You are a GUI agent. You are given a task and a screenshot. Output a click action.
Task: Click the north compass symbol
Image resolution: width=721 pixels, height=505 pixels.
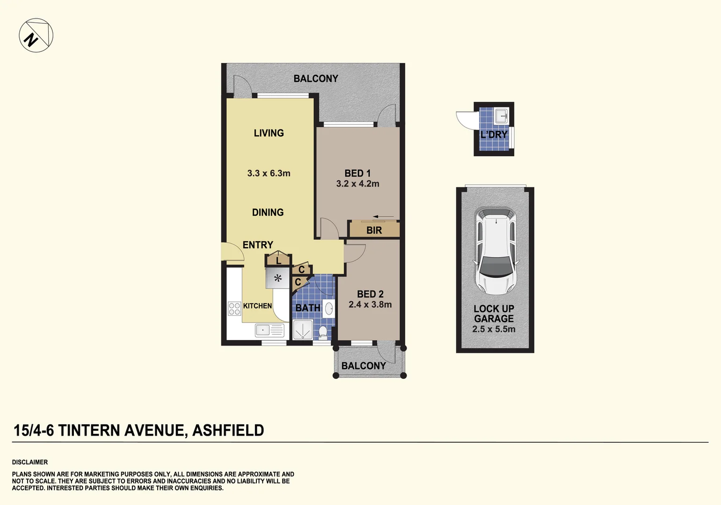click(36, 36)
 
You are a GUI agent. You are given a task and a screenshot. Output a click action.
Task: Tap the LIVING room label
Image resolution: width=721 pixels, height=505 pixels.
click(269, 133)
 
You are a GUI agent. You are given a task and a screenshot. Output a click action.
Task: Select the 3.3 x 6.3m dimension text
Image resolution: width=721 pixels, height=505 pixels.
click(269, 173)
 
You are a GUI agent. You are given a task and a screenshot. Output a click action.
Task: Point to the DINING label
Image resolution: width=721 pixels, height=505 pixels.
click(268, 213)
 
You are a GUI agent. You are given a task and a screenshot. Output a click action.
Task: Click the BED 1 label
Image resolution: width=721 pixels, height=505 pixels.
click(357, 173)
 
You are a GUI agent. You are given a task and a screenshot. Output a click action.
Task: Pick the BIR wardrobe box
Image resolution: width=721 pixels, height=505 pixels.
click(374, 230)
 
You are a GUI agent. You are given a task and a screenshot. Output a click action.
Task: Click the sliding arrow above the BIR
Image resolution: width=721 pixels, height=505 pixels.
click(383, 216)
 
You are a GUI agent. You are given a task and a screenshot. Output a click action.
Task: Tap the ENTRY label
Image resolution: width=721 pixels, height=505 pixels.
click(257, 245)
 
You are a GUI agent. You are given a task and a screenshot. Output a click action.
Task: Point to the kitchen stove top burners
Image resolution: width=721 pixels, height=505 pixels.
click(234, 309)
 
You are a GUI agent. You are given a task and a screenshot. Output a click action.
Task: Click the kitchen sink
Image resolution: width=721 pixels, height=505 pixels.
click(269, 331)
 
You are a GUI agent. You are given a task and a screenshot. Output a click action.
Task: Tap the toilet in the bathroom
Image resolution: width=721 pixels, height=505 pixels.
click(323, 332)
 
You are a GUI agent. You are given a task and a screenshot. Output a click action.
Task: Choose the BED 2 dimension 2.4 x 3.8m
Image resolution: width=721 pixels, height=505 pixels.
click(370, 305)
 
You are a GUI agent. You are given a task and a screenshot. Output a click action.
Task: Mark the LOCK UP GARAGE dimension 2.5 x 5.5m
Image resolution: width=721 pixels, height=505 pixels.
click(494, 329)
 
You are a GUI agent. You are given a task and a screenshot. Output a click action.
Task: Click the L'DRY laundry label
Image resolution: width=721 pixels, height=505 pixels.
click(494, 135)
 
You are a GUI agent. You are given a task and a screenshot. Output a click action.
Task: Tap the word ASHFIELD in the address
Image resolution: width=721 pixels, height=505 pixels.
click(228, 430)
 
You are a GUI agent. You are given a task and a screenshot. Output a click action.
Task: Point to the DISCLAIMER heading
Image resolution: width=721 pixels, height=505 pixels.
click(30, 462)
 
